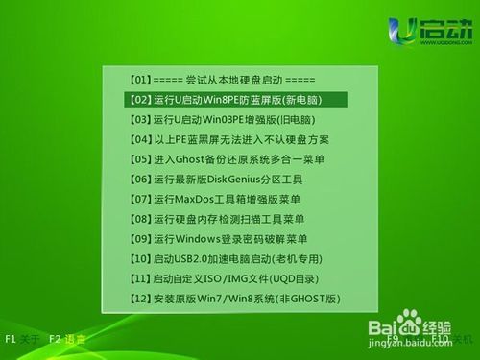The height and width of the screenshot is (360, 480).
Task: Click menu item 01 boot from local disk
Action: [x=222, y=78]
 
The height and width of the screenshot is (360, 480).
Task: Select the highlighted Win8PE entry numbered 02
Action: [x=234, y=98]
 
